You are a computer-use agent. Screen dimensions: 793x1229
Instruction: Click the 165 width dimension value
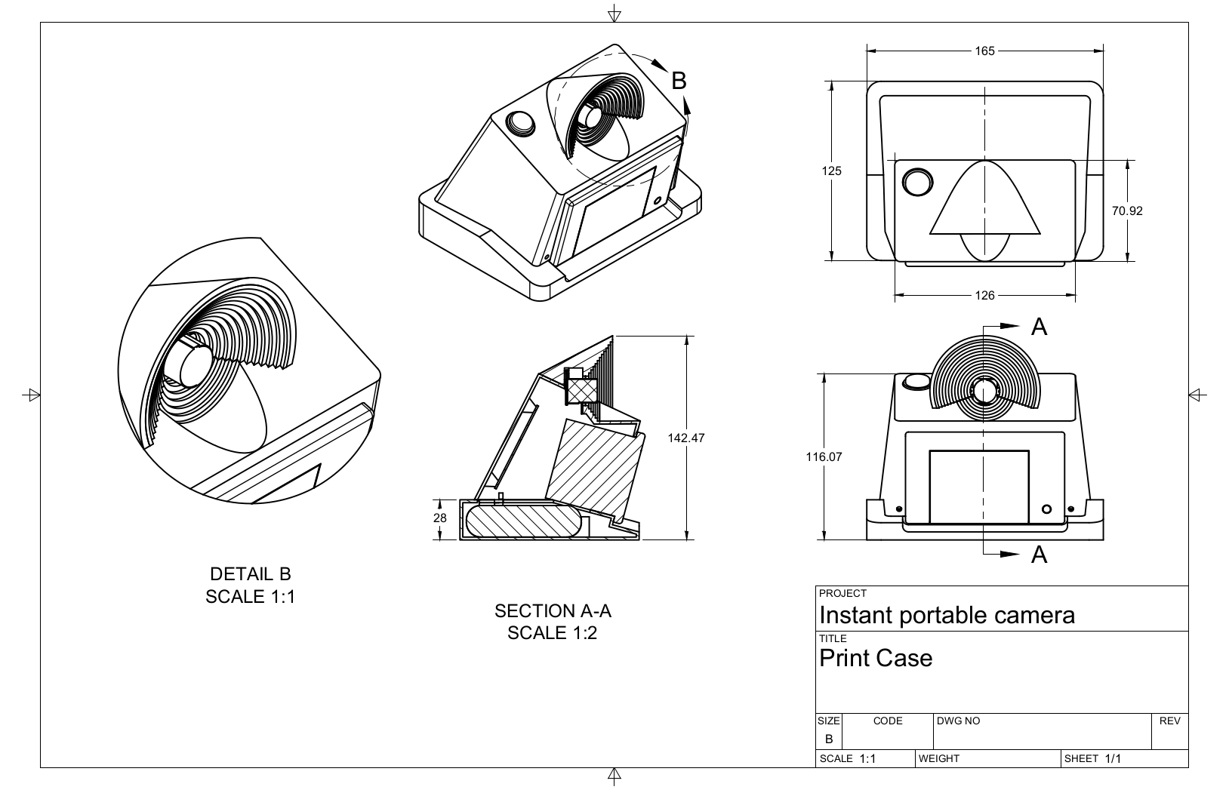pos(984,51)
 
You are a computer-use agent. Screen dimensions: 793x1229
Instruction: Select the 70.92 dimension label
pos(1126,211)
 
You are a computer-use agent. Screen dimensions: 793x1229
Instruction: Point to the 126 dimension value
pos(984,296)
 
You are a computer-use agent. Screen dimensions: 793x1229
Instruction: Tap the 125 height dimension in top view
pos(831,171)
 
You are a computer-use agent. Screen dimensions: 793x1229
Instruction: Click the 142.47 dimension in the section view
pos(685,438)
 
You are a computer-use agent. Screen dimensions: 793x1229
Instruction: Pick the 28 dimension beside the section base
pos(440,518)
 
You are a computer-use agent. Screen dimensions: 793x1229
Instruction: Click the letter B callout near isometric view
pos(679,81)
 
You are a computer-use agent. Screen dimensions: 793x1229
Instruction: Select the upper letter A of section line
pos(1039,327)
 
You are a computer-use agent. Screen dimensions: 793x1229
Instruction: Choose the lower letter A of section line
pos(1039,555)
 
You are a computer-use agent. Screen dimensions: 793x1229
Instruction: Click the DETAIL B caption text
pos(250,575)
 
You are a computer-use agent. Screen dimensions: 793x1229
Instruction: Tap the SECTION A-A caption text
pos(552,610)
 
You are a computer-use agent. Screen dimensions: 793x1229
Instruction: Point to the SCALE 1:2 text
pos(552,633)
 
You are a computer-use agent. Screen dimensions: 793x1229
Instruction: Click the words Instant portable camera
pos(947,615)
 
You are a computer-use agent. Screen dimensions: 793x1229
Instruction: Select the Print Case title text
pos(876,659)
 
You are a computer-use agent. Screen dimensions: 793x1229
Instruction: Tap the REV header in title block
pos(1169,721)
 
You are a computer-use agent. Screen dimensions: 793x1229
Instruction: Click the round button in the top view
pos(917,182)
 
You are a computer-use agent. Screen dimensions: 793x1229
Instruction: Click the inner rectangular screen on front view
pos(978,487)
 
